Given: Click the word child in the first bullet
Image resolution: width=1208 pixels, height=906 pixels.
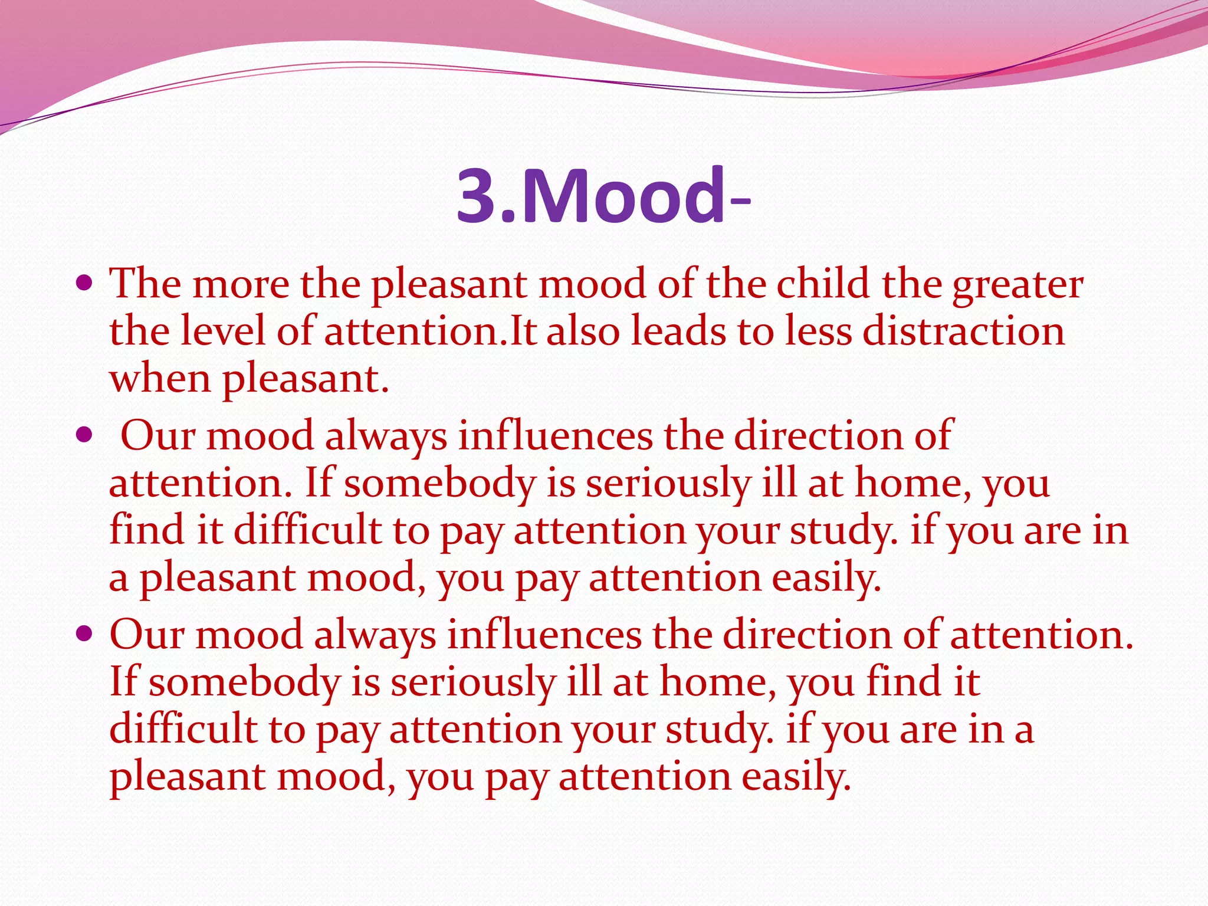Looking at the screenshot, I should pyautogui.click(x=823, y=284).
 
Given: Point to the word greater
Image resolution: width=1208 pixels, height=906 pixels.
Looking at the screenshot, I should pyautogui.click(x=1017, y=286).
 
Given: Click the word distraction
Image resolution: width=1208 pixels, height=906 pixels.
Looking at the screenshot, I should pyautogui.click(x=964, y=331).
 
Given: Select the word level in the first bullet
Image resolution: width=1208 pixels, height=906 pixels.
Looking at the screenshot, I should pyautogui.click(x=223, y=331).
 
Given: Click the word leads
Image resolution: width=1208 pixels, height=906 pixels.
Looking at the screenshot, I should pyautogui.click(x=678, y=331).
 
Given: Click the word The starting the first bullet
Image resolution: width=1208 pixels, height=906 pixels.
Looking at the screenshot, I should pyautogui.click(x=145, y=284).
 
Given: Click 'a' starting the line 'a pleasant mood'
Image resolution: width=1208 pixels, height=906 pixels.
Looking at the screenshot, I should pyautogui.click(x=119, y=579).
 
